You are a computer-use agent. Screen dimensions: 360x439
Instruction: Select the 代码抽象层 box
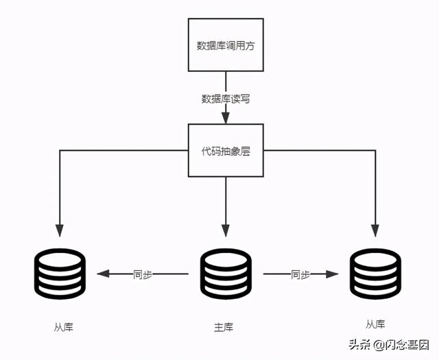click(x=226, y=150)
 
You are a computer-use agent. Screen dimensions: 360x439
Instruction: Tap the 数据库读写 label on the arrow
click(x=226, y=99)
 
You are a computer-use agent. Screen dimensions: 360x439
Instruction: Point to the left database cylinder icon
click(x=61, y=274)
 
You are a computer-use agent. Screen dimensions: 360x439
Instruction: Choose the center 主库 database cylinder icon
click(x=226, y=274)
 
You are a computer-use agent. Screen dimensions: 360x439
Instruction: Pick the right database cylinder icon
click(x=375, y=274)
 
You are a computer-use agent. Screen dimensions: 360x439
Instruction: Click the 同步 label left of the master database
click(x=143, y=274)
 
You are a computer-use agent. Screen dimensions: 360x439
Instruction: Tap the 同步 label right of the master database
click(x=300, y=274)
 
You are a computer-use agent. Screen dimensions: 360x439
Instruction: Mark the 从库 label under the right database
click(x=375, y=324)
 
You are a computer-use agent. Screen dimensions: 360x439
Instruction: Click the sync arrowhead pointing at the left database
click(x=103, y=274)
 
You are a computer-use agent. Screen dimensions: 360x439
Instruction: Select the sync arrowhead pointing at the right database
click(x=333, y=274)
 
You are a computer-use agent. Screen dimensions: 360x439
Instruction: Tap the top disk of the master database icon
click(x=226, y=258)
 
